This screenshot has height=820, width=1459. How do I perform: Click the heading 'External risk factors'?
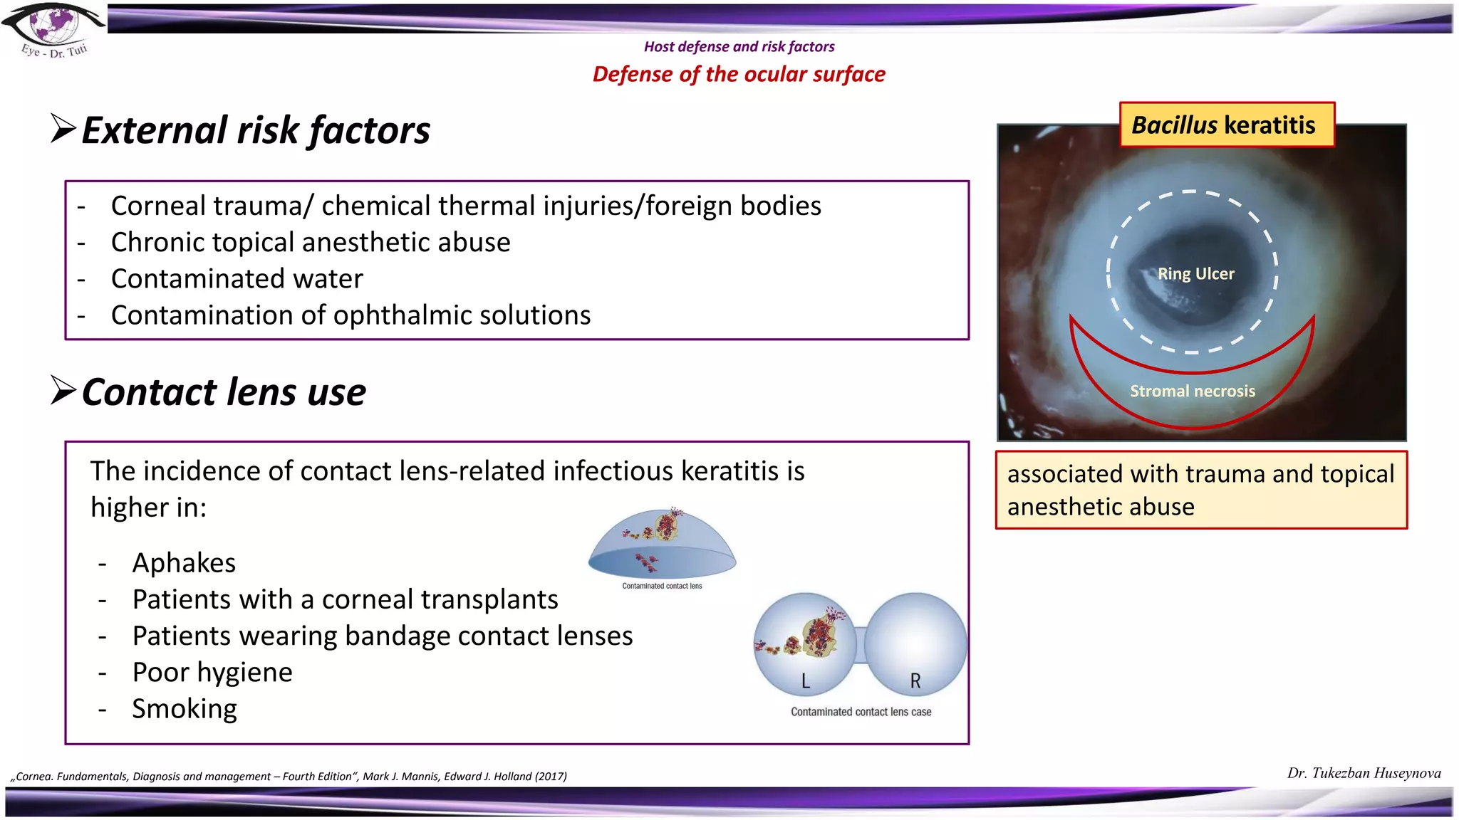(255, 130)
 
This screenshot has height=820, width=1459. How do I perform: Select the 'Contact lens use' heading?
(223, 392)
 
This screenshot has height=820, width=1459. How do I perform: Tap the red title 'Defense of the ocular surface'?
(739, 74)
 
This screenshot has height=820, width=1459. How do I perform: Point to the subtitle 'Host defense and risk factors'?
(739, 47)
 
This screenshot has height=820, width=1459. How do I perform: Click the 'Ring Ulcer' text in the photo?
(1195, 274)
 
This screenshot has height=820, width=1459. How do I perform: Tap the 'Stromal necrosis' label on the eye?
(1192, 391)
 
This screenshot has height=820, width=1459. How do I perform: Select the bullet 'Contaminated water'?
(237, 279)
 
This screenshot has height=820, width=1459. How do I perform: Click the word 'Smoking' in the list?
(185, 709)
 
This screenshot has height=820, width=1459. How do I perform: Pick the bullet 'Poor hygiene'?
(212, 673)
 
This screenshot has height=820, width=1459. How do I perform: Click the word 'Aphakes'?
(184, 563)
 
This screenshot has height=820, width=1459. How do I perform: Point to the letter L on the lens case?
(805, 681)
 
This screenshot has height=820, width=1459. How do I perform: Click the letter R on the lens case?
(915, 681)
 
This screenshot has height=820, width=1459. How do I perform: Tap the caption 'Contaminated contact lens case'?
(861, 712)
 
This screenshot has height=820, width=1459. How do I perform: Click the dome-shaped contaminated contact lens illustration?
(662, 545)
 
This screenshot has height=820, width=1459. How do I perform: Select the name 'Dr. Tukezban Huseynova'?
(1364, 773)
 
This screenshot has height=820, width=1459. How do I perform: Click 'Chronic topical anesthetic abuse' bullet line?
(311, 243)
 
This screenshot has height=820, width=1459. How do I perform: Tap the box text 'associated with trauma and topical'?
(1200, 474)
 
